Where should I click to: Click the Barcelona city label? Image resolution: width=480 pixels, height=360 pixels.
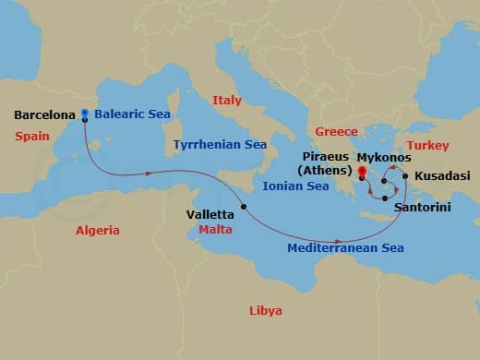45,116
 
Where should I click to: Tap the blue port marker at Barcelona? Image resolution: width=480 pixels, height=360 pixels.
85,114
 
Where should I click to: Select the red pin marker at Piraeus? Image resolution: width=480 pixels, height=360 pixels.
362,172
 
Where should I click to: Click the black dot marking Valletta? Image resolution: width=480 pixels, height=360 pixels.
244,206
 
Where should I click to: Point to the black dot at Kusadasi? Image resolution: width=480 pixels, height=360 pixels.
405,174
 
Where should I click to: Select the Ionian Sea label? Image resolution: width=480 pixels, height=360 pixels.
296,186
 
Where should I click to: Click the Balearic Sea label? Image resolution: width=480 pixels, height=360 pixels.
130,116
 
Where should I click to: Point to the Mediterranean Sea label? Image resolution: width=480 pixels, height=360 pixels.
345,248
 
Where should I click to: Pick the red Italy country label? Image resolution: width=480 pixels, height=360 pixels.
226,100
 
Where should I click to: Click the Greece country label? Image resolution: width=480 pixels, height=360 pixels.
336,132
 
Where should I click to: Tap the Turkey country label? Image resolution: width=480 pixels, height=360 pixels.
428,146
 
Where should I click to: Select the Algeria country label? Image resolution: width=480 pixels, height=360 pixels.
99,231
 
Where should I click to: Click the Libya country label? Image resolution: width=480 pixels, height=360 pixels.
266,310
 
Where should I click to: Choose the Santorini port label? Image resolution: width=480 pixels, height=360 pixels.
422,208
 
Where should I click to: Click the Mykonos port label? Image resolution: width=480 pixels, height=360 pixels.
384,158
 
